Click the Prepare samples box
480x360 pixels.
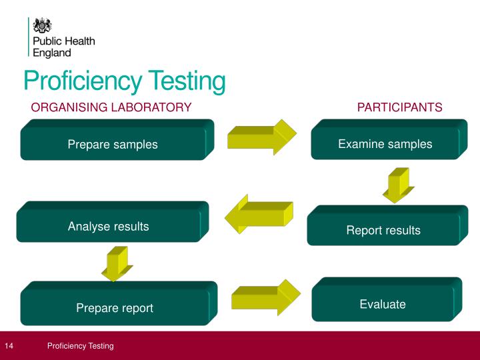113,144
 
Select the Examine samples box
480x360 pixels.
385,143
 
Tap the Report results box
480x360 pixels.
383,230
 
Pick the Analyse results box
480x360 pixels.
109,226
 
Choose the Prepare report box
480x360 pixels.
115,307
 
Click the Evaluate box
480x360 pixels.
383,304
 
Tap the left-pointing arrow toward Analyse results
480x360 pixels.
259,214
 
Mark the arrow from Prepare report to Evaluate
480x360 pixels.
265,297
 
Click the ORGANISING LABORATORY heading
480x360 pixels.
111,107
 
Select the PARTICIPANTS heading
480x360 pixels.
399,107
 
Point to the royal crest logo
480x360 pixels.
43,25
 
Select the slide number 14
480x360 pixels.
9,346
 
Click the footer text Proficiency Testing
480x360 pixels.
80,346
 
